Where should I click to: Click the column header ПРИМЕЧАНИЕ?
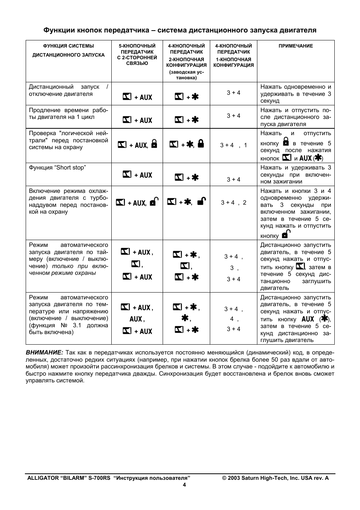point(295,46)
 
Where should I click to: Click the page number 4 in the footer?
point(184,485)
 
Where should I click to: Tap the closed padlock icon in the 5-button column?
point(154,144)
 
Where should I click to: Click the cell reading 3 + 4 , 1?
point(233,145)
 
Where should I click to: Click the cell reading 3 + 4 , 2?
point(233,203)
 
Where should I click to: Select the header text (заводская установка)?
point(186,75)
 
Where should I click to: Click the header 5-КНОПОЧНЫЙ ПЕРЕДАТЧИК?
point(137,49)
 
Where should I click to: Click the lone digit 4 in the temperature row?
point(232,319)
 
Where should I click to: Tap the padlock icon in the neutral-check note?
point(286,142)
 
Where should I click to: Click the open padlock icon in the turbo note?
point(286,234)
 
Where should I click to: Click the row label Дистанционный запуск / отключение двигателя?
point(68,90)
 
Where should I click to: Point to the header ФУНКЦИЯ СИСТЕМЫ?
point(68,46)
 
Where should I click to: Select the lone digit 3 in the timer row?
point(232,268)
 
